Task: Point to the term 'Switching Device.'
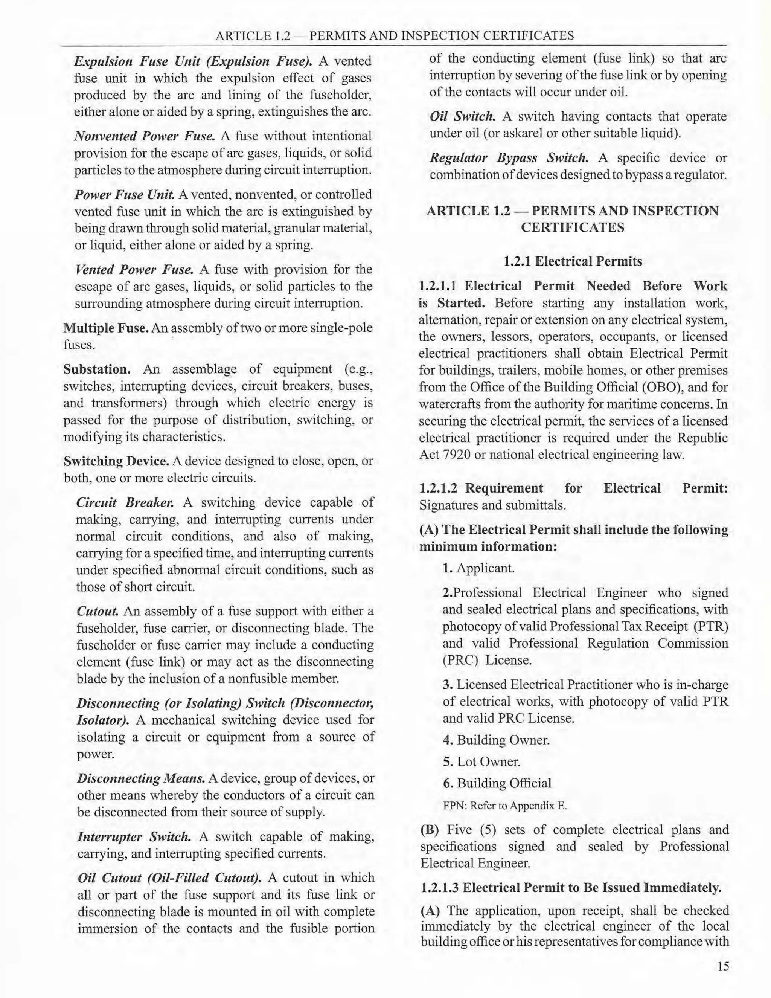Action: [x=116, y=461]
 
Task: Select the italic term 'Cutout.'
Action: [x=98, y=611]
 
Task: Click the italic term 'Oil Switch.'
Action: [x=462, y=116]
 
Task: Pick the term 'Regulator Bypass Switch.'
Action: [x=509, y=158]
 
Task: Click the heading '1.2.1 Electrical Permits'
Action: [x=573, y=261]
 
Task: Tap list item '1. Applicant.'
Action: [x=478, y=568]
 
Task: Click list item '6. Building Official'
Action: [x=497, y=783]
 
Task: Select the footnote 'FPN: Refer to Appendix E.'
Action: [x=505, y=806]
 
